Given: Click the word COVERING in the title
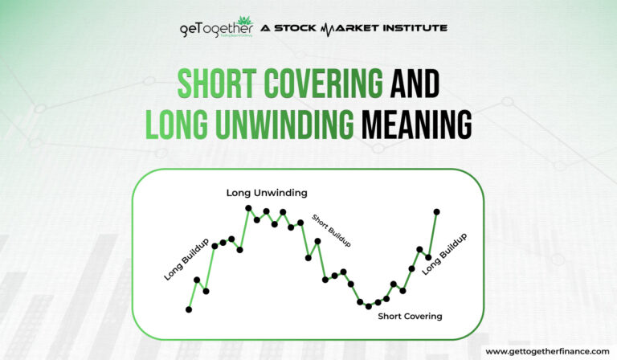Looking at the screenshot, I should click(313, 82).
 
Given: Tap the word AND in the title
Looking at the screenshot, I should click(412, 82).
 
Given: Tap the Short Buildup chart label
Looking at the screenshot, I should click(331, 232).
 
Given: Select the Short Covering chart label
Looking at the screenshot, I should click(410, 316).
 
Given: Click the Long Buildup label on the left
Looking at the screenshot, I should click(186, 259).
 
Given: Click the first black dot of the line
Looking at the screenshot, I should click(189, 309).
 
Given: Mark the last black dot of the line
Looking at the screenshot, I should click(437, 212).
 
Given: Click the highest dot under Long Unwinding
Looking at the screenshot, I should click(249, 209).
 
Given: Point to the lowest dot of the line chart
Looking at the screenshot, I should click(369, 306).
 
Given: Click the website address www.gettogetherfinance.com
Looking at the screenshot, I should click(548, 352).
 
